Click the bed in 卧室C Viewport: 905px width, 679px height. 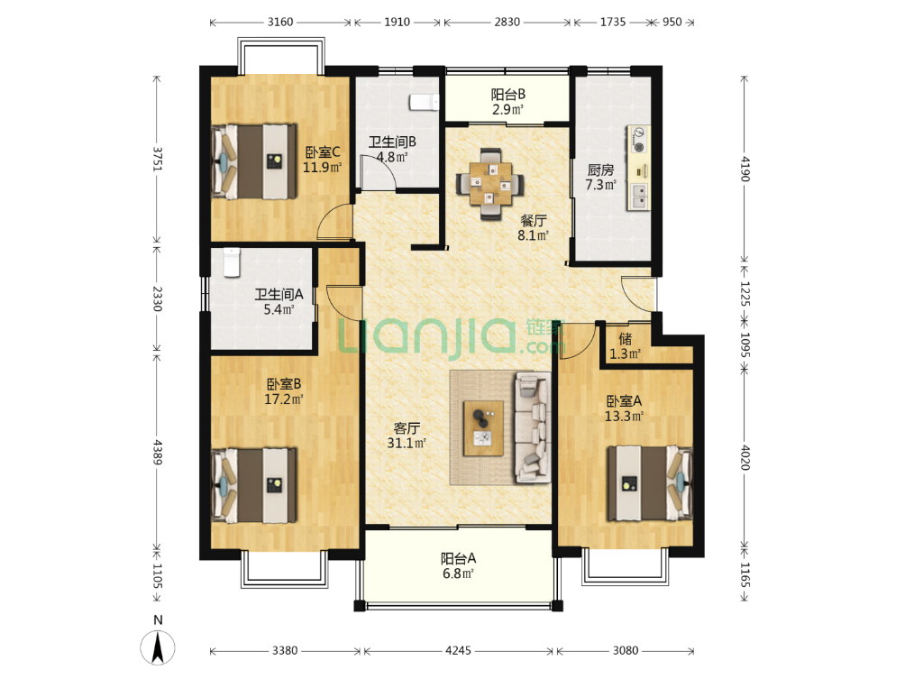(254, 161)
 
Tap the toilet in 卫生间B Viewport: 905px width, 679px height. (424, 102)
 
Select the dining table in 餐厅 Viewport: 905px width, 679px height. (490, 184)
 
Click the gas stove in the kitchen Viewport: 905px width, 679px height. (638, 139)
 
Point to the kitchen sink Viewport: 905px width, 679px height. (639, 196)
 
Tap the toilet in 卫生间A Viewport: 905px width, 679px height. (232, 262)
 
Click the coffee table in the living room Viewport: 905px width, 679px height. (483, 427)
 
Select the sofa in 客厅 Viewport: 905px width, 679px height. (531, 427)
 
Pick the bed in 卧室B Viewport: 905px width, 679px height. (254, 485)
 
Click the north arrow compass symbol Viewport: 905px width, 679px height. (158, 647)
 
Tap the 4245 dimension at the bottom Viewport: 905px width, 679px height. (458, 651)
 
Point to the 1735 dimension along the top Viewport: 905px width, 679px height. (612, 22)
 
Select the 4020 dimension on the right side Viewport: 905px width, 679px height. (745, 457)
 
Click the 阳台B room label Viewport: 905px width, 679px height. (507, 94)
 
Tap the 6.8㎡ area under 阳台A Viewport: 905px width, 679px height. (458, 573)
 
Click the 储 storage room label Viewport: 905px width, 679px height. (625, 338)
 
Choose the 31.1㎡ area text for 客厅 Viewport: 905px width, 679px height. (407, 443)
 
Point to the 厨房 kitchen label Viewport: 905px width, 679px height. (600, 170)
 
